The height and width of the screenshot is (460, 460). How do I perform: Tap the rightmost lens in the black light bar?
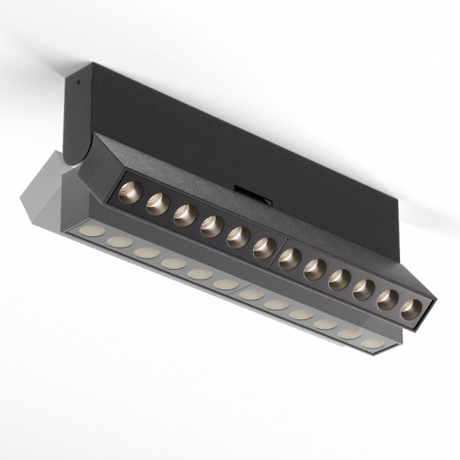click(x=410, y=310)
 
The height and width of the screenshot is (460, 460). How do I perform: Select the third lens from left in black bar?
click(x=184, y=215)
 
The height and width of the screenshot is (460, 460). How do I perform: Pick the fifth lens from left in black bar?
click(x=237, y=237)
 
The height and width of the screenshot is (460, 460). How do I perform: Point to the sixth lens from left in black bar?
click(x=263, y=248)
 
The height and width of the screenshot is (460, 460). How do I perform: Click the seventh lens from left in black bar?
click(x=289, y=258)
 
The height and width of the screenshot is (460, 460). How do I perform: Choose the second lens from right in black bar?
click(x=387, y=300)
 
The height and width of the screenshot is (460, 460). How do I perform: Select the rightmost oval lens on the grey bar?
click(x=374, y=341)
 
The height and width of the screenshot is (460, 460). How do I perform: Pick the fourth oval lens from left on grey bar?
click(x=173, y=263)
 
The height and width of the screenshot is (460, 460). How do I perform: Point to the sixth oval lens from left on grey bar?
click(x=226, y=284)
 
